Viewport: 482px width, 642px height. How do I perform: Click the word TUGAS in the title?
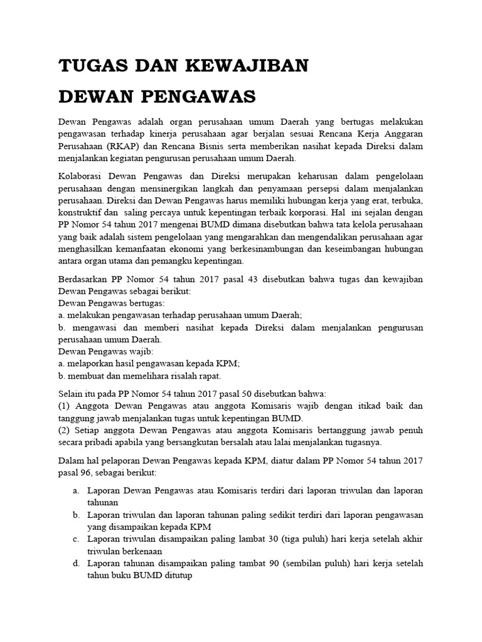tap(88, 66)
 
